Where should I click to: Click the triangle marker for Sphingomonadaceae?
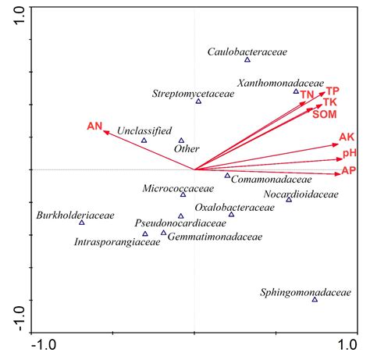(x=315, y=300)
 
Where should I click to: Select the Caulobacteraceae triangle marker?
(x=247, y=60)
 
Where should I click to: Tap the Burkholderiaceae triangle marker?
(x=81, y=223)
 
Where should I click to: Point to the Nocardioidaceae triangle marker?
(x=289, y=200)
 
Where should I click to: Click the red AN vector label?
(x=94, y=126)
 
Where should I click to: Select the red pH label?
(x=349, y=153)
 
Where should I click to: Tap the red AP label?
(x=348, y=170)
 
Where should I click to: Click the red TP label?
(x=333, y=91)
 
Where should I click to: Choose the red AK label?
(x=347, y=137)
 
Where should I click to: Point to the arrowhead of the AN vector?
(x=107, y=130)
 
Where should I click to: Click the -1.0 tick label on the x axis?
(x=43, y=344)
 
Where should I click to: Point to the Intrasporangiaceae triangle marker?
(x=145, y=233)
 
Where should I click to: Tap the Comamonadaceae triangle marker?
(x=228, y=176)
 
